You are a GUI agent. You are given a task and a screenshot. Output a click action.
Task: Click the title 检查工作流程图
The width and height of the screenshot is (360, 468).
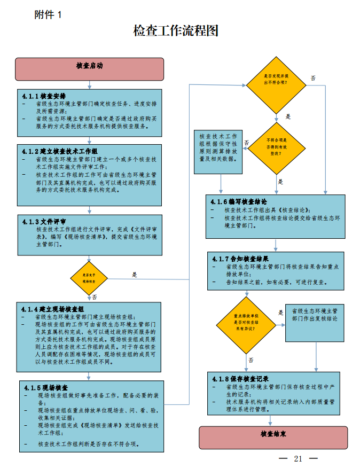176,31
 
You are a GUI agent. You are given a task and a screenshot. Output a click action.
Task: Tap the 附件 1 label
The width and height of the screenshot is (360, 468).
48,15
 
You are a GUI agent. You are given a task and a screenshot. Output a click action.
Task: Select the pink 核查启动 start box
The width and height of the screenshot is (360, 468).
89,66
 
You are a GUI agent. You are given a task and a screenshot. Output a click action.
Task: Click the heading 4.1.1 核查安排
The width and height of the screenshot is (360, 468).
44,96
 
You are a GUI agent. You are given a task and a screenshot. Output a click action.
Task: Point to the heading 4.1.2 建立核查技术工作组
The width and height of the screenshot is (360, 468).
60,152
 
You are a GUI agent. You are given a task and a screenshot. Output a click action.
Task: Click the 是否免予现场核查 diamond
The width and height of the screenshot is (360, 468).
89,278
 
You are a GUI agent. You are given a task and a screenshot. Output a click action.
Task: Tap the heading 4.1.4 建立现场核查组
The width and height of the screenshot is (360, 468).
53,309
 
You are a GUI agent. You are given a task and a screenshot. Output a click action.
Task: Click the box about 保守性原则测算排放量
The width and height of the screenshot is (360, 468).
218,147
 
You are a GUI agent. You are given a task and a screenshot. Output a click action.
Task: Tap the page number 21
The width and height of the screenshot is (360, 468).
298,459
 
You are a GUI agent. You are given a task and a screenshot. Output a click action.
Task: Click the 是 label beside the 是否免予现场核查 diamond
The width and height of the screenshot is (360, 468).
135,275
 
